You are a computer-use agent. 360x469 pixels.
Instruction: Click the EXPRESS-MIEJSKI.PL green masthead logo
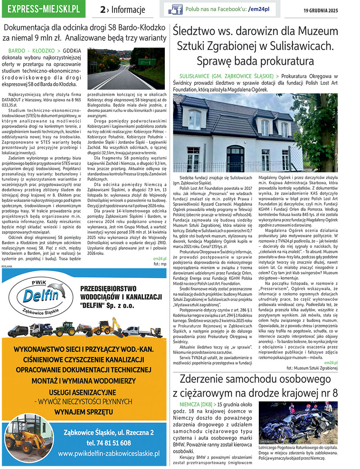point(43,8)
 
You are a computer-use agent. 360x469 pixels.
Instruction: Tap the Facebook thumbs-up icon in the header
point(175,9)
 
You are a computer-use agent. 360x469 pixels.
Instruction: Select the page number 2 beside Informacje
point(103,10)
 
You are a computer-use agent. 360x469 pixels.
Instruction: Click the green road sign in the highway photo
point(146,62)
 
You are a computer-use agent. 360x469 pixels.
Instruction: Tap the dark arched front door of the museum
point(235,159)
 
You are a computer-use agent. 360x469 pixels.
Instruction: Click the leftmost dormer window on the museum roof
point(195,120)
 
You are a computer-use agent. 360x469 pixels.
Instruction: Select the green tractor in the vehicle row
point(65,329)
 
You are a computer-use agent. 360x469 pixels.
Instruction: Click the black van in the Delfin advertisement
point(18,331)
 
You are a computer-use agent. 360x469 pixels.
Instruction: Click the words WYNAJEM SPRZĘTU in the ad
point(84,411)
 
